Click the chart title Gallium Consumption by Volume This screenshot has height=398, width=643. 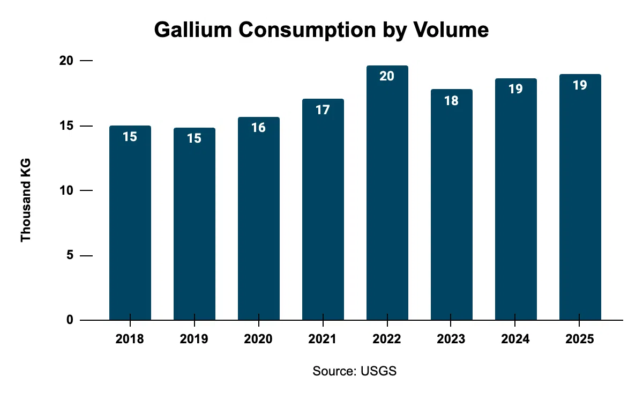pos(322,30)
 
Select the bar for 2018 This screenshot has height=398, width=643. pos(130,225)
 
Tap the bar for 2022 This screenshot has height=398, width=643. pos(387,204)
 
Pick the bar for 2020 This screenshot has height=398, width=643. pos(259,225)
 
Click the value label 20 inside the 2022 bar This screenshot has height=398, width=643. pos(387,76)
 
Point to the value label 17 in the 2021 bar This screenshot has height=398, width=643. pos(323,109)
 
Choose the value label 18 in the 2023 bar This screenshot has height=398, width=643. pos(451,100)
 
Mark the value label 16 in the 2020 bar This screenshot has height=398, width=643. pos(259,128)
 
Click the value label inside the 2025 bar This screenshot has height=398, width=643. pos(580,85)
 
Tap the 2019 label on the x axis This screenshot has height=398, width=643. pos(194,340)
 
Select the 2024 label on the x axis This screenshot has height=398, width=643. pos(515,340)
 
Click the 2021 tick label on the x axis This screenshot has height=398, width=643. pos(323,340)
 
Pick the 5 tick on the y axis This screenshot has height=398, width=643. pos(70,256)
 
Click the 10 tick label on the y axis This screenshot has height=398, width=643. pos(66,191)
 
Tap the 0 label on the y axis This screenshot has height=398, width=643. pos(70,320)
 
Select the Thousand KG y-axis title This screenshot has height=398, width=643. pos(26,200)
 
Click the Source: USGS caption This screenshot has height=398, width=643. pos(355,371)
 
